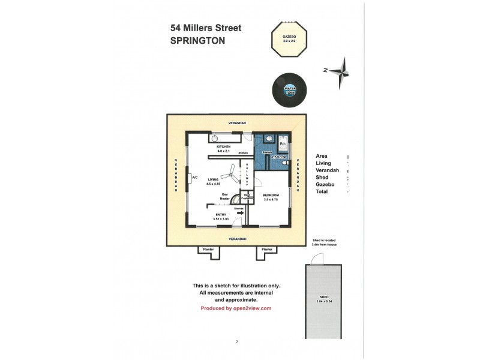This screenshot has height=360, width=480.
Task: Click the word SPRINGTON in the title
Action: [x=198, y=41]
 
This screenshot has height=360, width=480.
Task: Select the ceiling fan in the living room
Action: [x=227, y=176]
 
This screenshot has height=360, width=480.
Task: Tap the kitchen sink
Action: [x=214, y=138]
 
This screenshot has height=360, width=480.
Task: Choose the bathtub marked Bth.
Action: [x=283, y=144]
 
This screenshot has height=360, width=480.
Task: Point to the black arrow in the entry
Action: [x=240, y=211]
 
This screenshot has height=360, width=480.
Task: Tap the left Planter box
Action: [x=207, y=252]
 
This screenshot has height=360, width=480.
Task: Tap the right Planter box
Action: [x=267, y=252]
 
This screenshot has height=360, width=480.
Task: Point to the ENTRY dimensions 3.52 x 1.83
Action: [x=222, y=220]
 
